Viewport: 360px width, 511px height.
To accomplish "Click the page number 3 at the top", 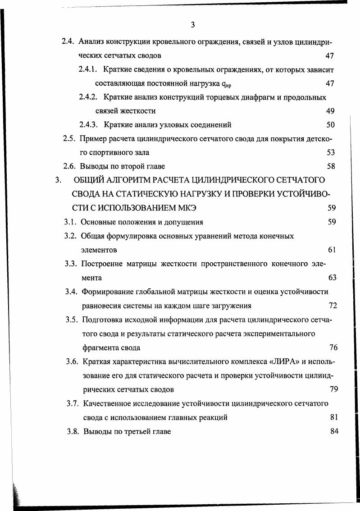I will pos(192,25).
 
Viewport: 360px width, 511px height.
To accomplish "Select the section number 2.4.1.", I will pos(88,70).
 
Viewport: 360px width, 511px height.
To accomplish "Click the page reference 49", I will pos(330,111).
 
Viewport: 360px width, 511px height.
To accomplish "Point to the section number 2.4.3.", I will pos(88,125).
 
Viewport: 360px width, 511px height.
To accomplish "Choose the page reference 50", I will pos(330,125).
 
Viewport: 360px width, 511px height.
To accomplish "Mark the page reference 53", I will pos(331,153).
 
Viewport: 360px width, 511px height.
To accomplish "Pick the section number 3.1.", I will pos(70,222).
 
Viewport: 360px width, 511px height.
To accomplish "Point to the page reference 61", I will pos(332,250).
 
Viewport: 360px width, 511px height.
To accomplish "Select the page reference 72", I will pos(333,306).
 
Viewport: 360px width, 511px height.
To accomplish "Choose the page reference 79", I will pos(334,389).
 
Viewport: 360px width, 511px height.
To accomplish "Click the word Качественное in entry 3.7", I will pos(107,403).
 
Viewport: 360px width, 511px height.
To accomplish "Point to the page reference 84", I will pos(334,431).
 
